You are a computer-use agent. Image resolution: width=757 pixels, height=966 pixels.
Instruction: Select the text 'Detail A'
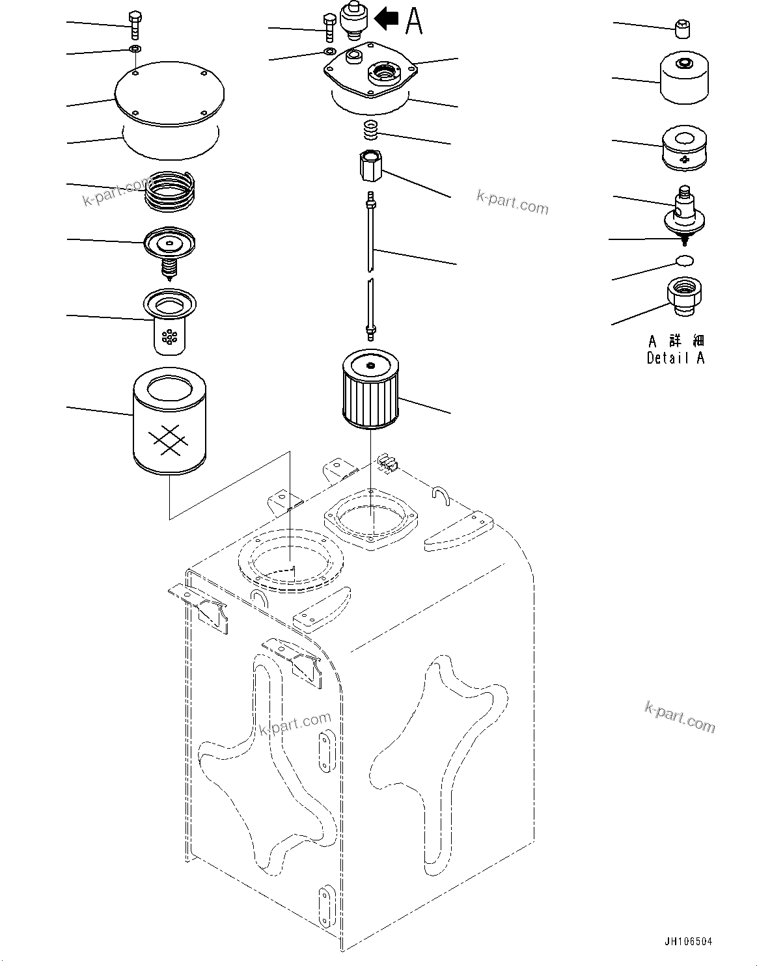coord(675,358)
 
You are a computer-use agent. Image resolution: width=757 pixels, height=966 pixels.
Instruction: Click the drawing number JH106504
coord(688,941)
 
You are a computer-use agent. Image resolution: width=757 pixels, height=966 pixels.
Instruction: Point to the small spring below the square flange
coord(372,129)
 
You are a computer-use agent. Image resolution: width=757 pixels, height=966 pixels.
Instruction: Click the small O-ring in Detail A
coord(683,261)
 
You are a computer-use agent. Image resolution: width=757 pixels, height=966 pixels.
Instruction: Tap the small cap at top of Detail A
coord(683,29)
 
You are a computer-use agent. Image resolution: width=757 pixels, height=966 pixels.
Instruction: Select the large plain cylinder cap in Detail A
coord(684,78)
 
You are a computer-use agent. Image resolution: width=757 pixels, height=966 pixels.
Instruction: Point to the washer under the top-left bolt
coord(134,49)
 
